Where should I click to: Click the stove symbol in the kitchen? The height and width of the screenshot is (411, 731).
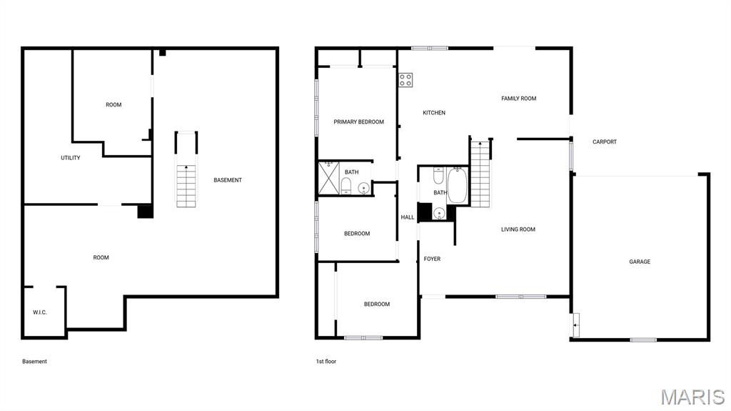click(x=405, y=80)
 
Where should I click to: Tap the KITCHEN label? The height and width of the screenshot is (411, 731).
click(x=434, y=113)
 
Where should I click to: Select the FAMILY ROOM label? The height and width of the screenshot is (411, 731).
click(x=518, y=99)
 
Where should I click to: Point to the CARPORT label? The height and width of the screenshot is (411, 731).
click(x=605, y=142)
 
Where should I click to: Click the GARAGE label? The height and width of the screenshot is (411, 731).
click(x=640, y=262)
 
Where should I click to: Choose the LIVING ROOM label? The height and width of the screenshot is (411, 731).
click(x=518, y=229)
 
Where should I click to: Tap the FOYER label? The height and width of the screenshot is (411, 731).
click(x=432, y=259)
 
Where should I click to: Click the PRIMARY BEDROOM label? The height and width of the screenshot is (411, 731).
click(x=358, y=122)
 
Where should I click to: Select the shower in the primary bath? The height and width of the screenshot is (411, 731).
click(x=329, y=178)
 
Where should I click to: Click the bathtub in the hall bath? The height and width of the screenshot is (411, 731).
click(x=457, y=186)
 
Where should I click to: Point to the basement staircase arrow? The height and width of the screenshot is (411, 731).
click(x=186, y=169)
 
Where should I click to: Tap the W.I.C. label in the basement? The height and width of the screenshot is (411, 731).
click(x=40, y=312)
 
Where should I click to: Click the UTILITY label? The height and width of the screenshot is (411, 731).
click(x=71, y=158)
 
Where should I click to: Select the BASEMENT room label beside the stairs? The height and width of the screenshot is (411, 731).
click(x=228, y=180)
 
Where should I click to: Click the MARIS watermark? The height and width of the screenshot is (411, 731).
click(x=692, y=397)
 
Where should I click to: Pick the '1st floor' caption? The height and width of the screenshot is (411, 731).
click(x=326, y=362)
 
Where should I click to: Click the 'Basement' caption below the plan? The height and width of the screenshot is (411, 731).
click(x=34, y=362)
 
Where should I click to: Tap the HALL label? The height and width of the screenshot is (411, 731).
click(x=408, y=217)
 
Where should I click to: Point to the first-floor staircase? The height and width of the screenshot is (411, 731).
click(x=481, y=174)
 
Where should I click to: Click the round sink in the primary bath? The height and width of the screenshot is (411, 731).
click(x=363, y=189)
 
